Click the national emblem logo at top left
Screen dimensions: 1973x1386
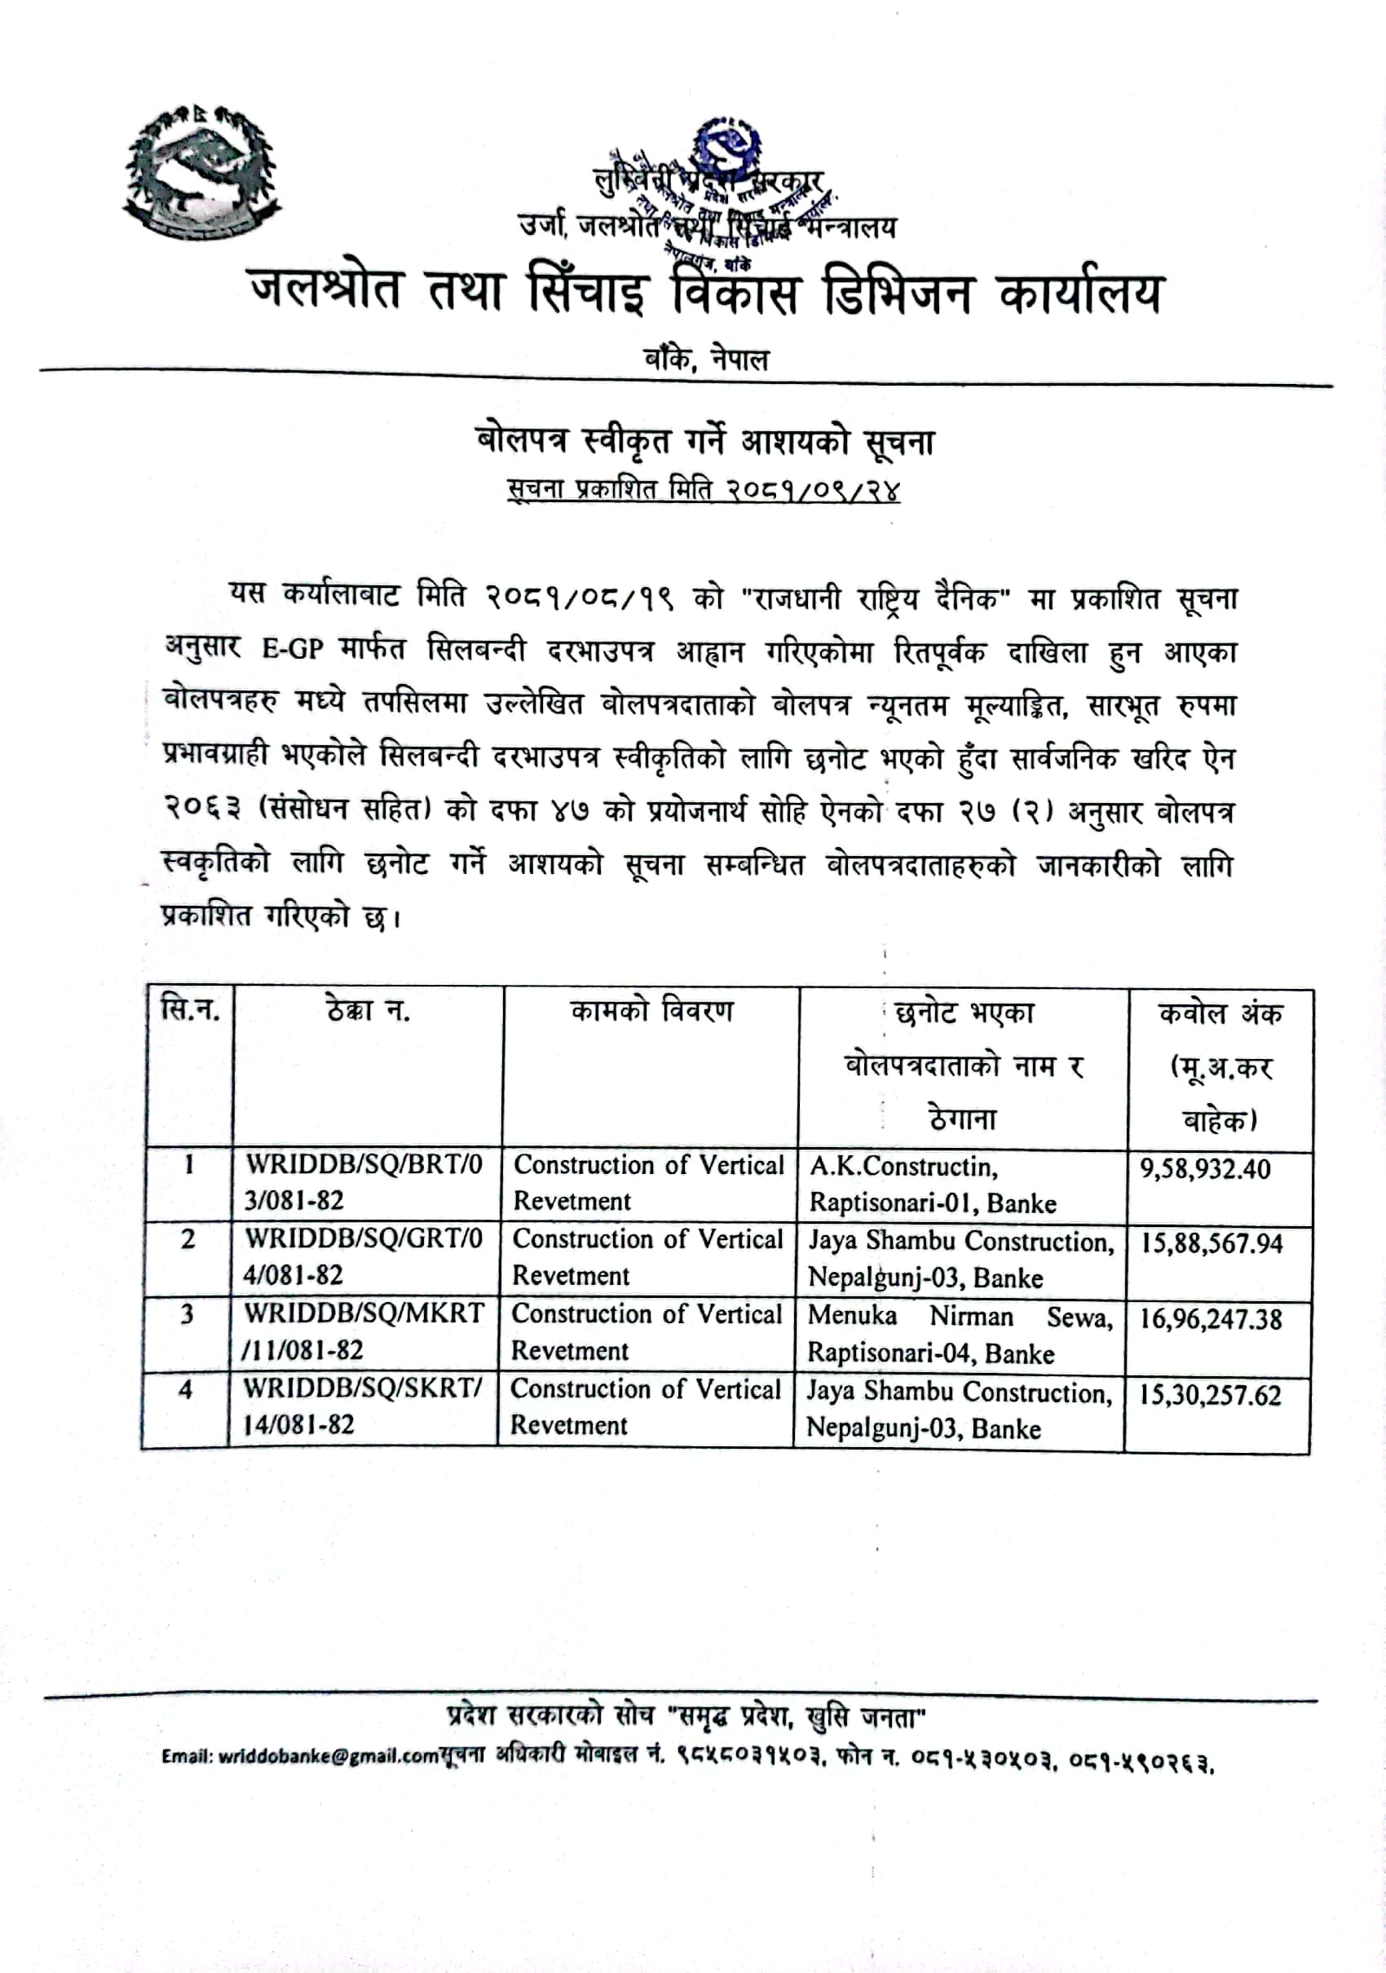[x=203, y=174]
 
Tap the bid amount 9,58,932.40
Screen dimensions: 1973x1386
[x=1205, y=1168]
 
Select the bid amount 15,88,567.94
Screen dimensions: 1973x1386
[x=1211, y=1243]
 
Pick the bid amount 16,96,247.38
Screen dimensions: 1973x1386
[x=1210, y=1319]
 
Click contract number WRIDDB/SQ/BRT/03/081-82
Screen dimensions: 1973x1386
[x=364, y=1181]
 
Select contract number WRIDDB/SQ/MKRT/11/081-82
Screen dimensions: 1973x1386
[x=363, y=1331]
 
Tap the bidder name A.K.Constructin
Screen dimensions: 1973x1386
[x=903, y=1166]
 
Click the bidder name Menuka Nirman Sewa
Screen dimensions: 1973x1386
[x=959, y=1317]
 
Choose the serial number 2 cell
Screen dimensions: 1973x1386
[x=188, y=1239]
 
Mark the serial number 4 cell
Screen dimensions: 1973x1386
[x=186, y=1389]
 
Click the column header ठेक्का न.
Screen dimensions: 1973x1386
[x=368, y=1009]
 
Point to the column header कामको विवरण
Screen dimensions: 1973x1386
[x=651, y=1012]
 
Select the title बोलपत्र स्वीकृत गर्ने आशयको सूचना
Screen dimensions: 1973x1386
[x=704, y=442]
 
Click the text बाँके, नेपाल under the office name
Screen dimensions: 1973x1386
[x=706, y=359]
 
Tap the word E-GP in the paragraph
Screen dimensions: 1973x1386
[x=292, y=649]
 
